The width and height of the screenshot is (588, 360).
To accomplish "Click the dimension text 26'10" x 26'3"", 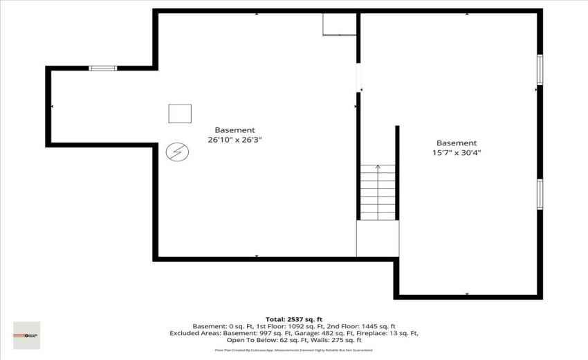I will (235, 140).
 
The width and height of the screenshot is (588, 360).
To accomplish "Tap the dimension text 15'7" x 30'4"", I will (456, 153).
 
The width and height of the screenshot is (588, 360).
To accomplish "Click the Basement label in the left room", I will (235, 129).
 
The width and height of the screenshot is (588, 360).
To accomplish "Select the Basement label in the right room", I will (456, 143).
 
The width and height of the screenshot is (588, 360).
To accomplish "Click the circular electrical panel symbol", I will (176, 151).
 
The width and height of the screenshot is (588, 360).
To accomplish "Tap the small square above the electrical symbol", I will (180, 114).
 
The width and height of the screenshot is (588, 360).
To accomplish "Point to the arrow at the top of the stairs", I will (378, 167).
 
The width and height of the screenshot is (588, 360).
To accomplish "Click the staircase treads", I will (378, 194).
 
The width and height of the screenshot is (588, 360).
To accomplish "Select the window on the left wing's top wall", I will (102, 68).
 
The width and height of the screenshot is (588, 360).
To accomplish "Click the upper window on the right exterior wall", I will (540, 69).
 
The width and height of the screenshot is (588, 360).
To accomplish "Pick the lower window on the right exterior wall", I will (540, 194).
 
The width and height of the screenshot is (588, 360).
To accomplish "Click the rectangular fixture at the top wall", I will (339, 24).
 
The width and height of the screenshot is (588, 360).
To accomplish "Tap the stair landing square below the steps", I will (378, 238).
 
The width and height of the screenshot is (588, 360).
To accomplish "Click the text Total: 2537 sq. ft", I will (293, 319).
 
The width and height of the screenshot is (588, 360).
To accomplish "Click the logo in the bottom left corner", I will (26, 335).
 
